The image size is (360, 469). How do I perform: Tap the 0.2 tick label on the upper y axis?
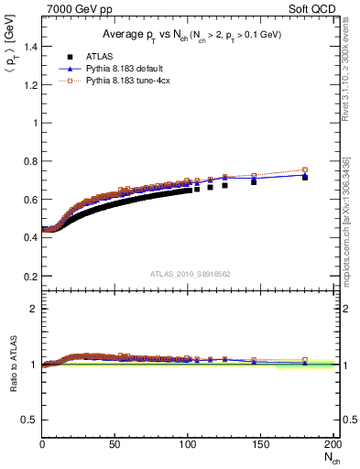(x=30, y=276)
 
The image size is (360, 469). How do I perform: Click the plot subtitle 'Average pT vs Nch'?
(x=188, y=35)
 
